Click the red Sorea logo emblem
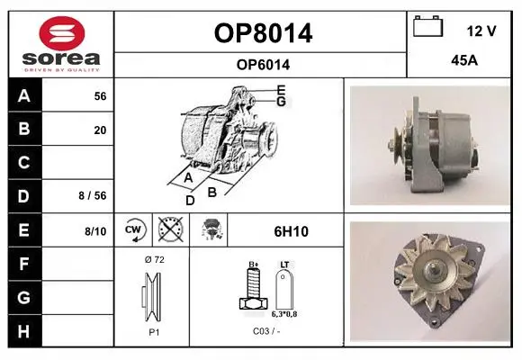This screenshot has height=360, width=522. coord(62,33)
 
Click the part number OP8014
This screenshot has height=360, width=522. coord(263,33)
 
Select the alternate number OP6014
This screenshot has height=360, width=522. coord(263,65)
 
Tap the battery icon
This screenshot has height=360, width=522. coord(428,26)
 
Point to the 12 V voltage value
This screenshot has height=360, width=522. coord(481,31)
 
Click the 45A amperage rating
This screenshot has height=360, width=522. coord(464,60)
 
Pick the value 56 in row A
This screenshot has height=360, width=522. coord(100,96)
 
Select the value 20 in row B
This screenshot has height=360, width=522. coord(100,130)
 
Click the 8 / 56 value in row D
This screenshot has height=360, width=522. coord(93,195)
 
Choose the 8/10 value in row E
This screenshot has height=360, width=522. coord(95,231)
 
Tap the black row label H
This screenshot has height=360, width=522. coord(24,330)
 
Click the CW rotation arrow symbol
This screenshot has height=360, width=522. coord(134,229)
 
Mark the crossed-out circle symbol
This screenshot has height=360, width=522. coord(171,229)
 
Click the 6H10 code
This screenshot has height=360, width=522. coord(291,231)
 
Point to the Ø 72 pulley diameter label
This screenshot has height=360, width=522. coord(155,259)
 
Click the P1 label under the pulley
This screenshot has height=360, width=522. coord(154,332)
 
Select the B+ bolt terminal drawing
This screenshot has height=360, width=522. coord(253,287)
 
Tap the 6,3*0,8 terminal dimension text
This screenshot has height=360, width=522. coord(284,314)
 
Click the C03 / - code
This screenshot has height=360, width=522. coord(266,331)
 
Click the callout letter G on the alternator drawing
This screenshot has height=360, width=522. coord(282,101)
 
